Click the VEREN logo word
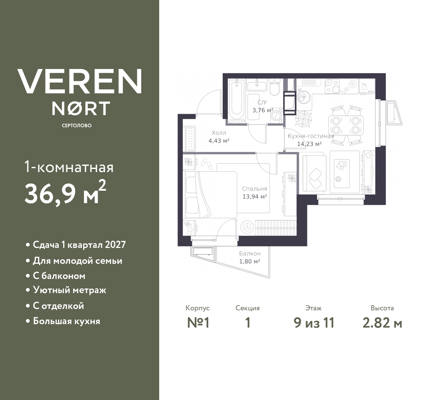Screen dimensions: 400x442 [79, 81]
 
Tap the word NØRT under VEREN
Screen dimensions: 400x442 [81, 108]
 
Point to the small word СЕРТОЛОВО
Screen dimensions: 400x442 [77, 126]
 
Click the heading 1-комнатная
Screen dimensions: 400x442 [69, 168]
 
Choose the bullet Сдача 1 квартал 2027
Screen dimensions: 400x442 [79, 245]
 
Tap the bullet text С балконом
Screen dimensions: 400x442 [59, 276]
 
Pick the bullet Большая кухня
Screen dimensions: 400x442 [66, 321]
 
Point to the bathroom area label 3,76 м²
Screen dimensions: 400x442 [263, 110]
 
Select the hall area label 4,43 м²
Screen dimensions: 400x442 [219, 141]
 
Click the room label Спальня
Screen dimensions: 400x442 [254, 189]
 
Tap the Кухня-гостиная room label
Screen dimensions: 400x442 [311, 136]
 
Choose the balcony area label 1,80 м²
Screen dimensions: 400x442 [250, 261]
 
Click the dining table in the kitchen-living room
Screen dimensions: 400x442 [346, 125]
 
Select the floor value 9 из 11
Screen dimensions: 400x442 [314, 323]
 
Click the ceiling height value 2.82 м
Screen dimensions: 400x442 [382, 323]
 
